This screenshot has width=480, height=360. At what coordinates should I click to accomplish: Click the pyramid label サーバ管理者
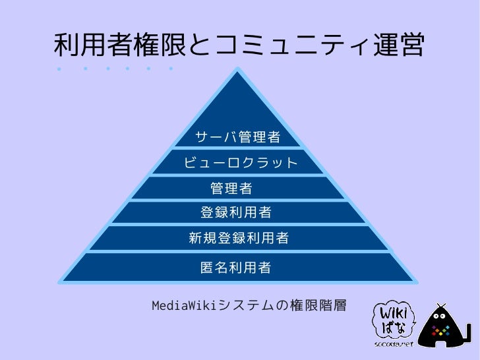(x=238, y=137)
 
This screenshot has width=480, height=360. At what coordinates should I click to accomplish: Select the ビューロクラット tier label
(x=241, y=162)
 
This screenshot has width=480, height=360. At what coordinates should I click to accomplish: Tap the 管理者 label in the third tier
(x=231, y=188)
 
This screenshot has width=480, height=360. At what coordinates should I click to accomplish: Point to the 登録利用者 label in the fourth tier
(x=236, y=212)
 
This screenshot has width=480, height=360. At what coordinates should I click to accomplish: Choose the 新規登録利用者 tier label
(x=239, y=238)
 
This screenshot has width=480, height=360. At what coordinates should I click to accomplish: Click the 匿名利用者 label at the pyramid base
(x=236, y=267)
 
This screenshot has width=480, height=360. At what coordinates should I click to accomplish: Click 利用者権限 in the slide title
(x=120, y=45)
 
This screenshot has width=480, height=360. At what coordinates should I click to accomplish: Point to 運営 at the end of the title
(x=398, y=45)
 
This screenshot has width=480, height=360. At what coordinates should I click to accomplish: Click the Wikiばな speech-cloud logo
(x=394, y=321)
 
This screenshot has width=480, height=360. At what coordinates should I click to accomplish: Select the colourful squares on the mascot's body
(x=441, y=330)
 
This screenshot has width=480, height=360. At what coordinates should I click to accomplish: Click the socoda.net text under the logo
(x=394, y=344)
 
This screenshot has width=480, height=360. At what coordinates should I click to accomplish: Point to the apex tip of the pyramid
(x=237, y=68)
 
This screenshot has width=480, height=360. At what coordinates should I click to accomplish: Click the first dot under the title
(x=59, y=69)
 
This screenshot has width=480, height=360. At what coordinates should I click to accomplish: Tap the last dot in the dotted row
(x=171, y=69)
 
